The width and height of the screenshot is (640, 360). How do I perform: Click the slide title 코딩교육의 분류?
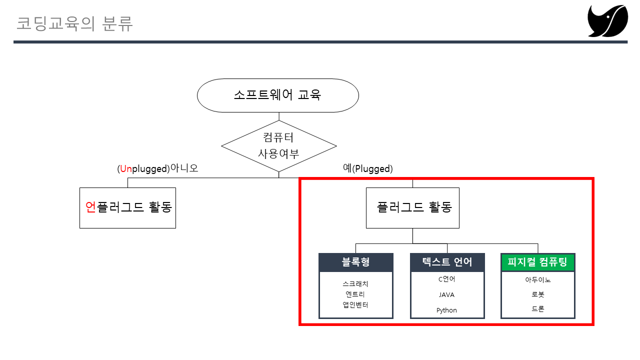(75, 24)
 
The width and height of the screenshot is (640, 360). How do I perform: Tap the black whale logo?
(607, 21)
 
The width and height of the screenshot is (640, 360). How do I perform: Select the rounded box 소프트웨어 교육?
(278, 95)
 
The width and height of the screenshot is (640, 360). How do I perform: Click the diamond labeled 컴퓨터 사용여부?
(278, 146)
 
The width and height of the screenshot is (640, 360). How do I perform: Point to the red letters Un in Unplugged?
(125, 169)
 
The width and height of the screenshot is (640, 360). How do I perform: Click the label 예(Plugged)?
(367, 168)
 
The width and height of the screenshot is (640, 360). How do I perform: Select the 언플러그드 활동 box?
(127, 207)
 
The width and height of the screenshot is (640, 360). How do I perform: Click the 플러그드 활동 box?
(412, 207)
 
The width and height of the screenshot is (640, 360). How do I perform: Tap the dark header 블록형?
(356, 262)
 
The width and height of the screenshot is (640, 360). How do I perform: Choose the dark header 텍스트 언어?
(447, 262)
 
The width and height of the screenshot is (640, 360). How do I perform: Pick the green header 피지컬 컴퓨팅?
(537, 262)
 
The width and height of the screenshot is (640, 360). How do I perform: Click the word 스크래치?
(355, 284)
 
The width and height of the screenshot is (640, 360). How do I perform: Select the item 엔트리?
(355, 294)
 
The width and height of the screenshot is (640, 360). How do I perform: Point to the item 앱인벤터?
(355, 305)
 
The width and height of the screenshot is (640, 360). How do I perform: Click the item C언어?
(446, 279)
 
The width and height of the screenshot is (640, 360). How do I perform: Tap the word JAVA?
(446, 295)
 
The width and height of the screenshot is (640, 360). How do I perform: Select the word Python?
(446, 310)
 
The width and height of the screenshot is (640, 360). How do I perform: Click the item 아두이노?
(538, 280)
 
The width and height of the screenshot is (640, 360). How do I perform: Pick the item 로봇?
(538, 295)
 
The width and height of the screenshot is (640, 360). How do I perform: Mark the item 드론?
(538, 309)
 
